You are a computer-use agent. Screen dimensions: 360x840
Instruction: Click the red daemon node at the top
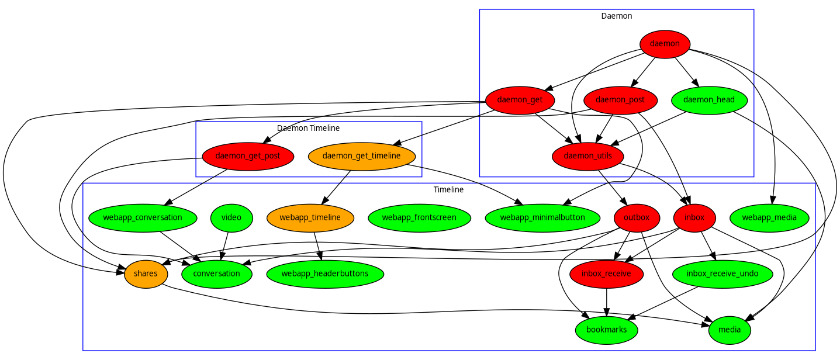pos(665,44)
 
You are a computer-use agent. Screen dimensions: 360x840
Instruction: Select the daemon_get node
pos(520,100)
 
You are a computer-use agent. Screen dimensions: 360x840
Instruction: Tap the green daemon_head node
pos(708,100)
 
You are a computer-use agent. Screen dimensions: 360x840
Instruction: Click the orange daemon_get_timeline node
pos(361,156)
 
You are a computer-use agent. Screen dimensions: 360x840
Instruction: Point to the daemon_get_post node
pos(247,156)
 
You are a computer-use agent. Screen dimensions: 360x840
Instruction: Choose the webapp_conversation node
pos(143,218)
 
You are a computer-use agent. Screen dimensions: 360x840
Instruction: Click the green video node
pos(231,218)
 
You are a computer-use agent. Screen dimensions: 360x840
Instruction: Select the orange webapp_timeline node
pos(310,218)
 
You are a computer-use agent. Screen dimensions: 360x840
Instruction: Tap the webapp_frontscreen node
pos(419,218)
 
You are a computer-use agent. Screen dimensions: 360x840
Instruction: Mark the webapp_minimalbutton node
pos(542,218)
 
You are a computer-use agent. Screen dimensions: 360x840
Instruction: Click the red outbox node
pos(637,218)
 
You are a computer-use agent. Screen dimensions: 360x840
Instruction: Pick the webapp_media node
pos(769,218)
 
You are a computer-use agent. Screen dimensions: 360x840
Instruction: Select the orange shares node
pos(146,274)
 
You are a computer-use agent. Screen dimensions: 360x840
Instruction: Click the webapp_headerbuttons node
pos(325,274)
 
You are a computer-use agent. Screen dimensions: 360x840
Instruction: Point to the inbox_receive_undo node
pos(723,274)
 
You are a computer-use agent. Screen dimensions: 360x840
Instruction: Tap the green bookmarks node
pos(606,330)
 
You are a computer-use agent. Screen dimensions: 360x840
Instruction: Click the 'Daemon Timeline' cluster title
pos(308,128)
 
